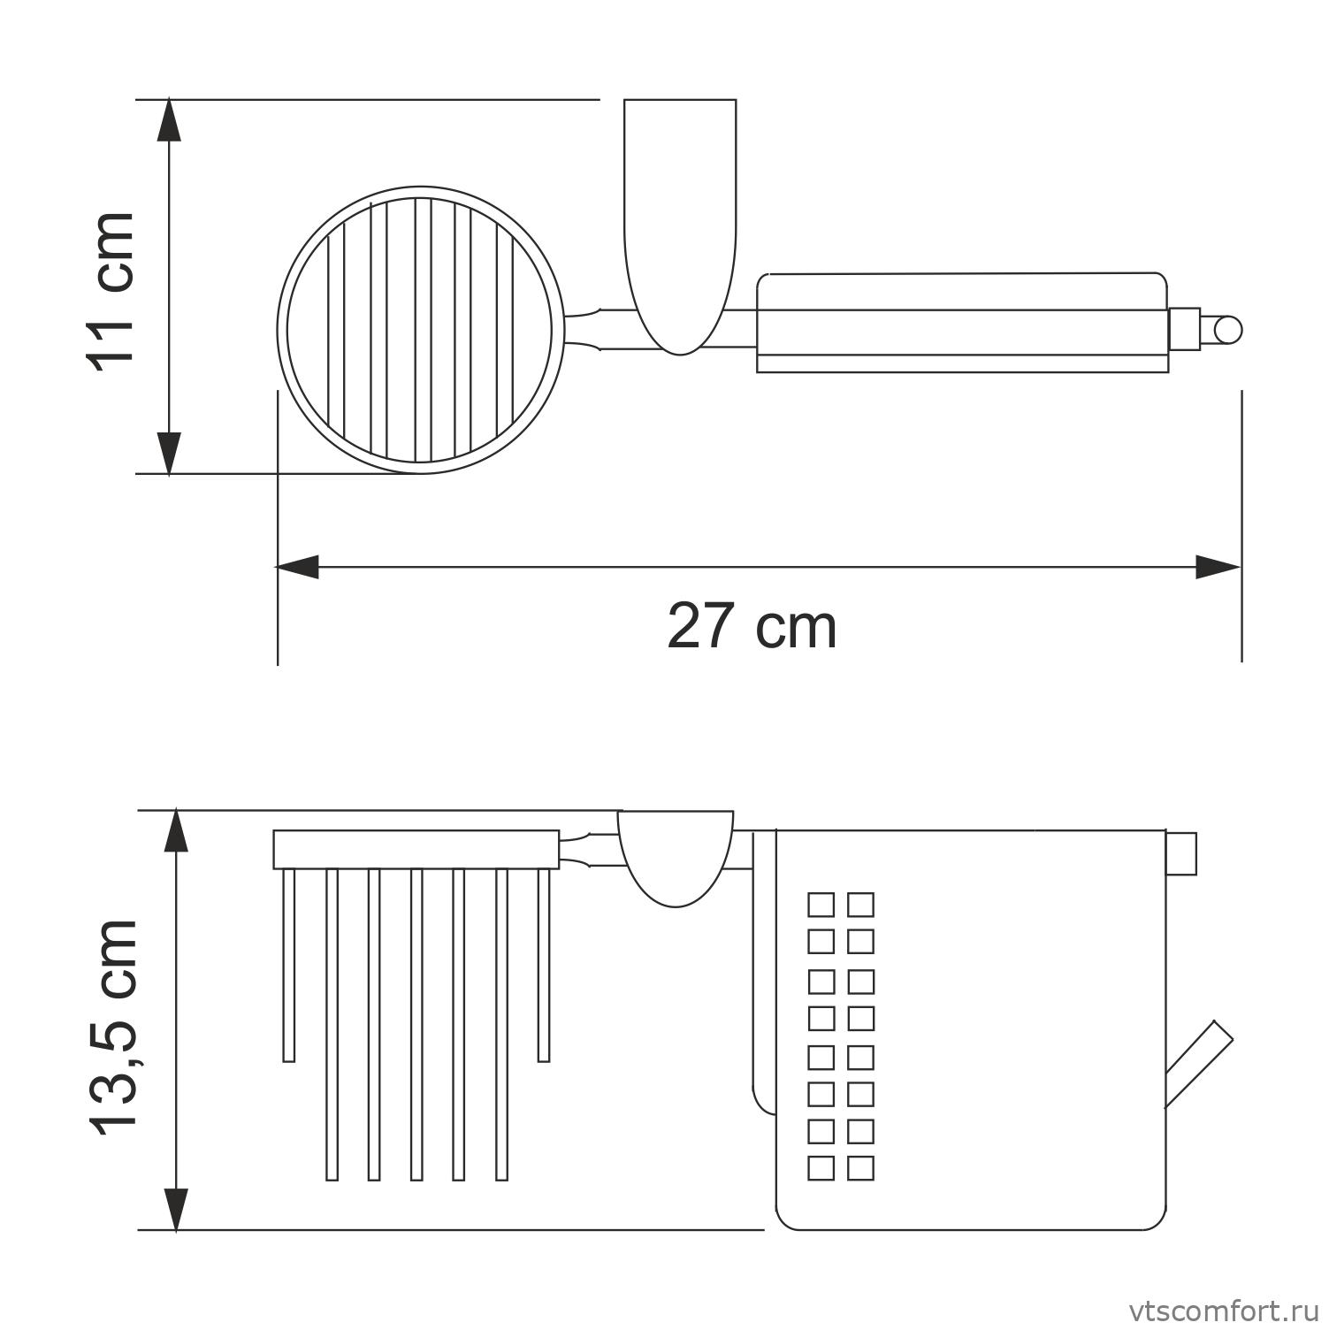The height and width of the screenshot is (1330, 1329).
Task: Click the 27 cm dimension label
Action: click(752, 626)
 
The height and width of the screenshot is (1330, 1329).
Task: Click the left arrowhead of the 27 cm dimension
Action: click(297, 567)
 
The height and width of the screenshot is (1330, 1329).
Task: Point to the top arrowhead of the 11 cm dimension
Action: click(169, 120)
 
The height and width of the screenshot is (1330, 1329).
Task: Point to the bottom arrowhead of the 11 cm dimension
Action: click(169, 453)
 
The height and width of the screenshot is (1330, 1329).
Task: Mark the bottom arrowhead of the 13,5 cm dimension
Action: click(178, 1209)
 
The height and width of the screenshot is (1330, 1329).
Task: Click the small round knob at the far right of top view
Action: click(1228, 330)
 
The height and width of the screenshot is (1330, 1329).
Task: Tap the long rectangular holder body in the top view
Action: click(961, 323)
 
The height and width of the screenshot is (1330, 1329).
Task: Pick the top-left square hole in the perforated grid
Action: click(821, 905)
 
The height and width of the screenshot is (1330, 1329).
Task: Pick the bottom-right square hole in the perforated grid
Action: click(860, 1168)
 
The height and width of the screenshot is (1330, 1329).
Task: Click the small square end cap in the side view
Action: click(1180, 853)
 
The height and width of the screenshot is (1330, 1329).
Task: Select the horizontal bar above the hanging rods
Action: click(416, 850)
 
